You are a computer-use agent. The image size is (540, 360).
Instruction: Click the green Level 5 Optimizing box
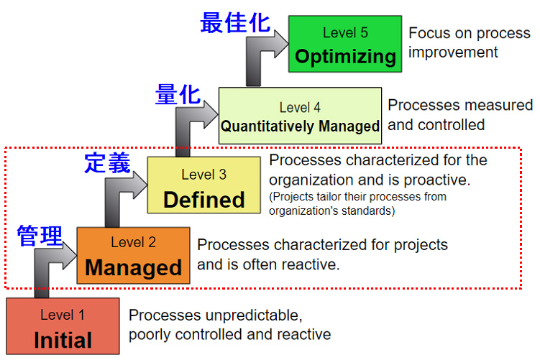point(345,44)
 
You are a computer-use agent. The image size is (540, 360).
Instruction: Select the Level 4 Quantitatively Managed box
point(300,115)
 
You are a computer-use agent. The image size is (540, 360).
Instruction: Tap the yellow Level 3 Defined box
point(204,185)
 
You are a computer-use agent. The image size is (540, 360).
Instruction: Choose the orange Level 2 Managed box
point(133,255)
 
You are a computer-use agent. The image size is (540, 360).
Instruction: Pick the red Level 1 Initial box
point(63,326)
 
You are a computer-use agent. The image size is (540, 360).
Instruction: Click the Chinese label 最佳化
point(235,23)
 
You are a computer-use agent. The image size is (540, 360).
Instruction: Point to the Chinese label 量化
point(178,94)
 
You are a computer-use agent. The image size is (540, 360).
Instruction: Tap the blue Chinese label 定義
point(107,162)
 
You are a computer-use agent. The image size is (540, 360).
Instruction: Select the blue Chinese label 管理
point(40,236)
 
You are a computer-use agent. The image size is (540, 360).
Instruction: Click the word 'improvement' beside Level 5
point(453,52)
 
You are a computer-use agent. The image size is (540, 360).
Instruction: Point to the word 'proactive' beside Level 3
point(436,180)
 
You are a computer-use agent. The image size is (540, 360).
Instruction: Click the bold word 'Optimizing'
point(345,57)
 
